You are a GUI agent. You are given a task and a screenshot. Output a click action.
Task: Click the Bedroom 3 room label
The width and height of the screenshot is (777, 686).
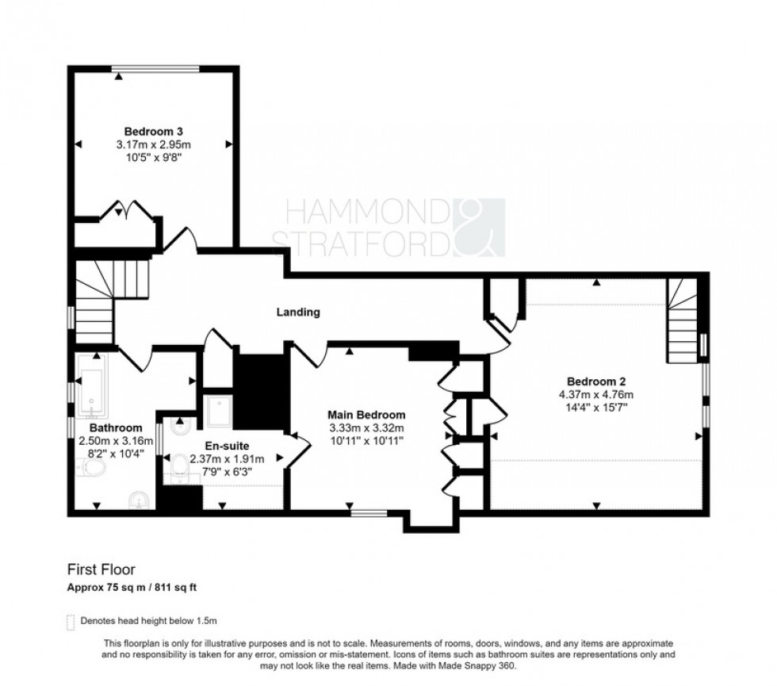click(154, 131)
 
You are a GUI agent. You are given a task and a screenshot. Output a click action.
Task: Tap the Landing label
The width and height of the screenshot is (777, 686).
click(298, 312)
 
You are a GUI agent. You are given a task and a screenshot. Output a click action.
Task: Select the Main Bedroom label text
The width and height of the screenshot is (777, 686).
click(367, 415)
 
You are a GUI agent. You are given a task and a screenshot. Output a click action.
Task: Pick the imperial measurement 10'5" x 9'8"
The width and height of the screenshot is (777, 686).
click(154, 158)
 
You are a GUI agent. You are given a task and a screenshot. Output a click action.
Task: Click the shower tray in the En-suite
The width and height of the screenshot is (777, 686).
click(216, 411)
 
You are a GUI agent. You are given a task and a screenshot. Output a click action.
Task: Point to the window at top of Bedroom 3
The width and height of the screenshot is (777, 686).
click(155, 68)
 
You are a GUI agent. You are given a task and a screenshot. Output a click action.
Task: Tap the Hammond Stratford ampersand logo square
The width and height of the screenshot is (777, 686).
click(479, 228)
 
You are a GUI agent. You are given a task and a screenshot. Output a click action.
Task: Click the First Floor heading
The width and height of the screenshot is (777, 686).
click(101, 569)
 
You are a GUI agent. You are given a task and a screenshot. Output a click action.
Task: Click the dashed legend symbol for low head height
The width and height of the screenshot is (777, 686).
click(71, 621)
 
